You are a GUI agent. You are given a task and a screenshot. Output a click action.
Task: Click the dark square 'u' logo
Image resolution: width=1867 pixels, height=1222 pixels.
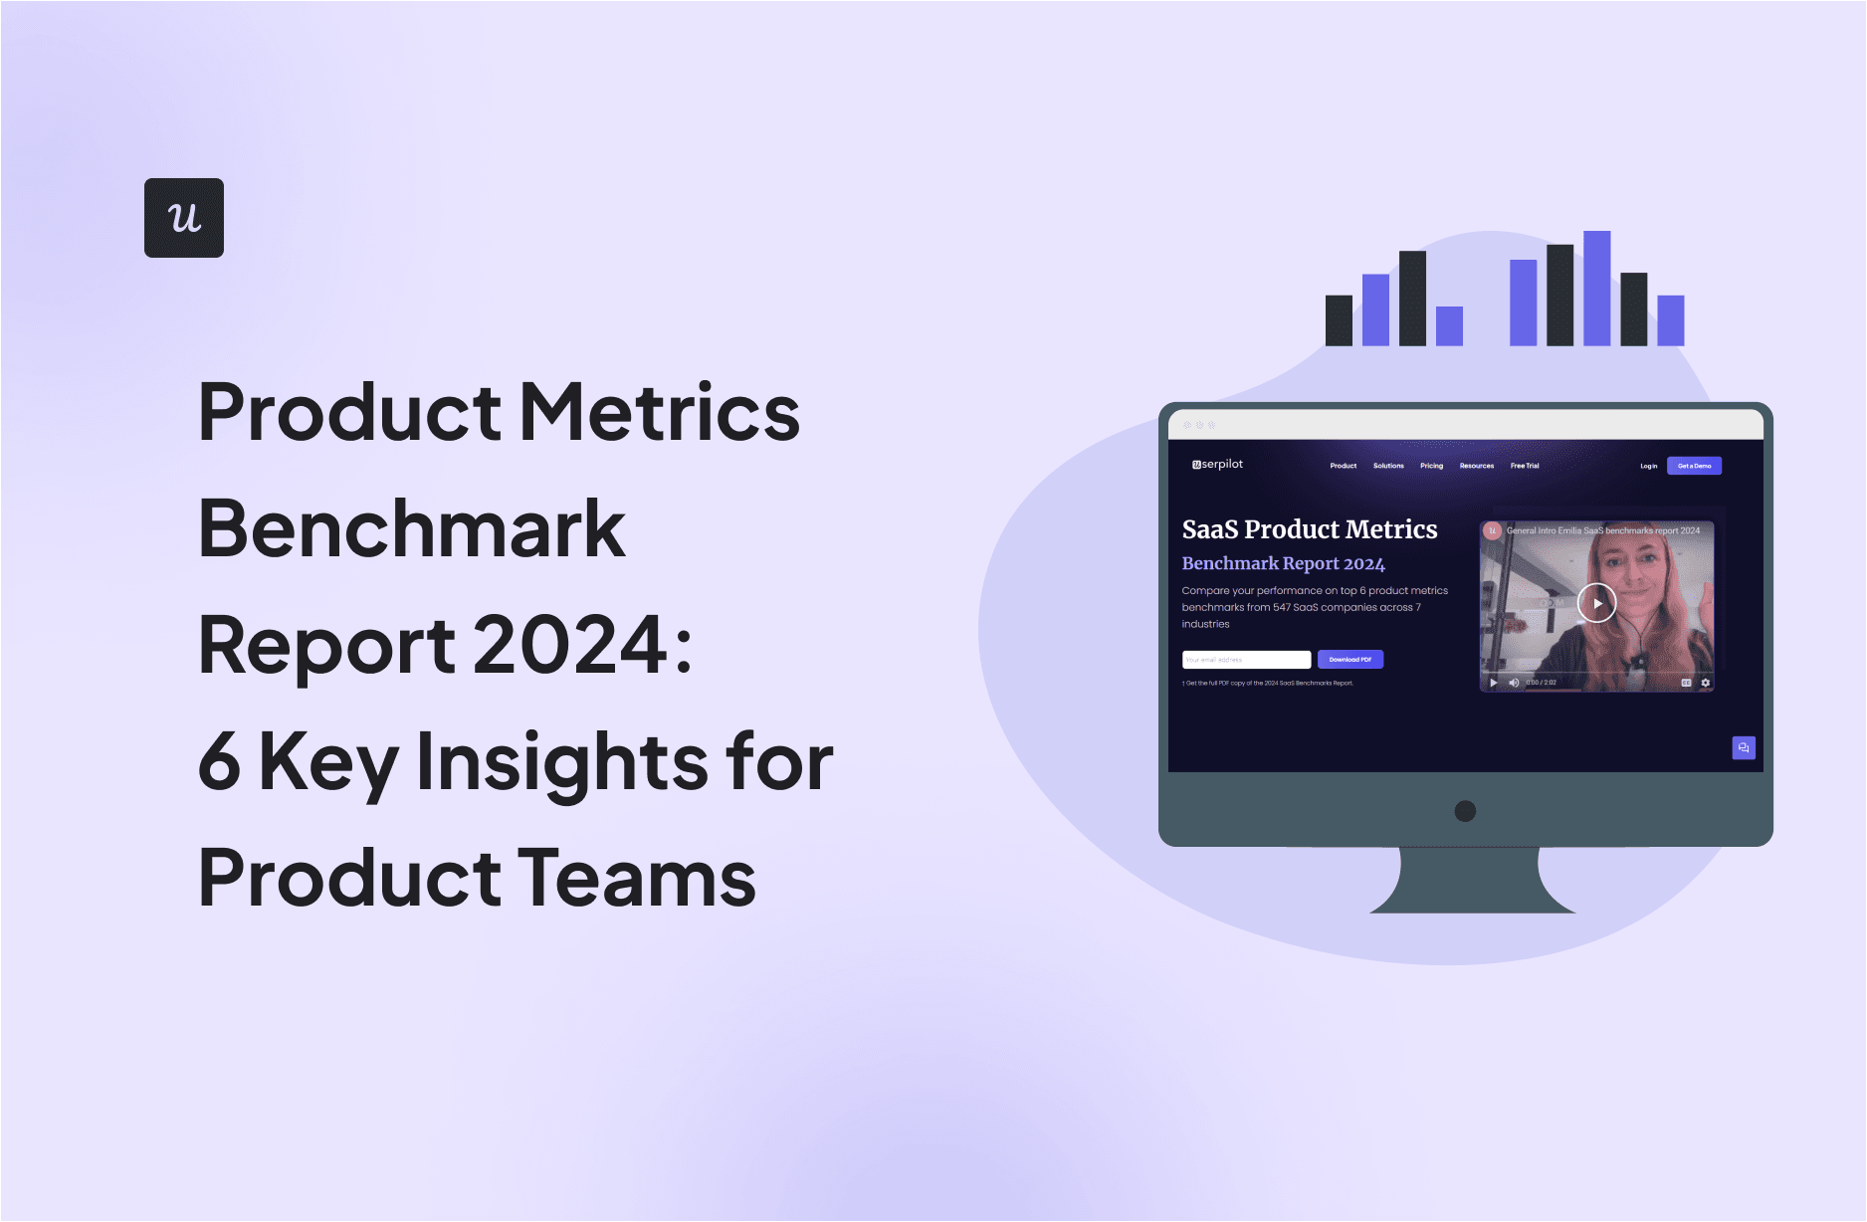[x=184, y=218]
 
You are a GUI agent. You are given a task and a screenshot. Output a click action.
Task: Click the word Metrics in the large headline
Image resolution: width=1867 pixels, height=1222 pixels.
[x=660, y=412]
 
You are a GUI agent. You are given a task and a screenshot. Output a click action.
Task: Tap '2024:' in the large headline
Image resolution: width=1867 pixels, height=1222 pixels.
[x=582, y=645]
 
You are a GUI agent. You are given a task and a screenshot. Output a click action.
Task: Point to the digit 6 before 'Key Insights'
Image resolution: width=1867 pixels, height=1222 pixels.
[x=219, y=762]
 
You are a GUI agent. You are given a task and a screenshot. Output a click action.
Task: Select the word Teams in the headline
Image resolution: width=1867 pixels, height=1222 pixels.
[x=636, y=879]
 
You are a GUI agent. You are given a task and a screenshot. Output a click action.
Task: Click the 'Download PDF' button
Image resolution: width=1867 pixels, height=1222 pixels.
[x=1349, y=660]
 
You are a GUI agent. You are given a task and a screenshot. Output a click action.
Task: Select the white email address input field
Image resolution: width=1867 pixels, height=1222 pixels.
[x=1246, y=660]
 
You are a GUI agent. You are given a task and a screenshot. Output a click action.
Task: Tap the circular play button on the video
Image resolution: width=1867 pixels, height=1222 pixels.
[x=1597, y=603]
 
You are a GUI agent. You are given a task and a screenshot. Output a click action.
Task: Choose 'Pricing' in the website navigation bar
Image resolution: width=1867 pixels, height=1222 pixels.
[x=1431, y=466]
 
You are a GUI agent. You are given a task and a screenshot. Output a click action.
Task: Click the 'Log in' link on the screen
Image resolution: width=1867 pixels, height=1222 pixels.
[x=1648, y=466]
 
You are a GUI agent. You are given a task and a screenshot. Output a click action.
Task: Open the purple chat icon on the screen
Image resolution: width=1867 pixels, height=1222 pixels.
[x=1743, y=747]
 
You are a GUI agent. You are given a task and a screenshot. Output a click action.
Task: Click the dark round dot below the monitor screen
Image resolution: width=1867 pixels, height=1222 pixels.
[x=1465, y=811]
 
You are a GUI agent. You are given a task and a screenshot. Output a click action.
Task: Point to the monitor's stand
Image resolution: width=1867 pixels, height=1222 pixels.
[x=1471, y=882]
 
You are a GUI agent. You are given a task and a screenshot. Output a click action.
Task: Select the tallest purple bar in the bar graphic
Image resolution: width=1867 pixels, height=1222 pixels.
[x=1596, y=289]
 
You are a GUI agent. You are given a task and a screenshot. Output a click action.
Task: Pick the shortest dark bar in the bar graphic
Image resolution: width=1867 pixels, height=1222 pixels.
[x=1339, y=320]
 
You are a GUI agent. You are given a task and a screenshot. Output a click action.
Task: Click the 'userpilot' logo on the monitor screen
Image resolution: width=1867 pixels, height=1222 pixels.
[x=1217, y=465]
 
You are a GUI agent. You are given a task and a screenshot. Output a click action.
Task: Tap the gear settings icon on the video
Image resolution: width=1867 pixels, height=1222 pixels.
[x=1705, y=683]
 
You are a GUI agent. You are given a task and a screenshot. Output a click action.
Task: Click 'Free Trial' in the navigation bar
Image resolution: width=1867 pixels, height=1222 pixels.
[x=1524, y=466]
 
